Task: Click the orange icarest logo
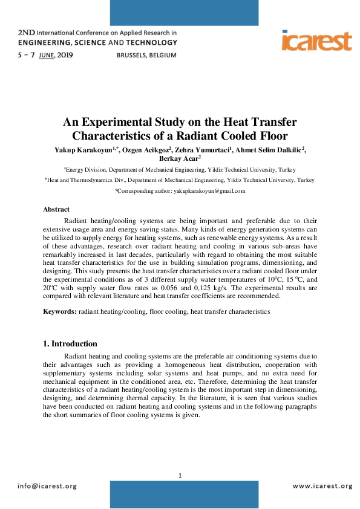(316, 41)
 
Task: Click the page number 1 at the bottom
(180, 476)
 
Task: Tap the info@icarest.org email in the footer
(47, 486)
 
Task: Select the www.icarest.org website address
(322, 486)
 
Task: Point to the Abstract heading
(56, 209)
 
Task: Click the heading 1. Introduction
(70, 343)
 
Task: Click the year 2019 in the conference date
(65, 55)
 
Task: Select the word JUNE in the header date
(45, 55)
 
